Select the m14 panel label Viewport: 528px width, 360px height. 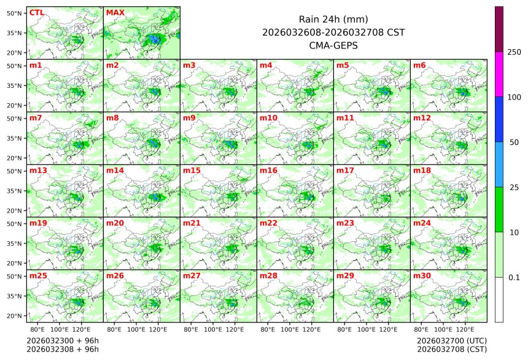click(x=115, y=170)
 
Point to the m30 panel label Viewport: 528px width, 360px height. click(x=422, y=276)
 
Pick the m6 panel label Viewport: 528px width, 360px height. click(x=419, y=65)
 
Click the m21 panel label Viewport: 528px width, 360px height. click(x=192, y=223)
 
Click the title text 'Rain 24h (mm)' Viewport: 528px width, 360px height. click(x=333, y=19)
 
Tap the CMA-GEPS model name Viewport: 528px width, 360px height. click(x=333, y=45)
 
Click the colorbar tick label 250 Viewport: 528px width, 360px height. click(x=514, y=52)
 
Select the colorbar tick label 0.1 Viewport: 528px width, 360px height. click(x=514, y=278)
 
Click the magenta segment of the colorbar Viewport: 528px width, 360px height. click(x=499, y=74)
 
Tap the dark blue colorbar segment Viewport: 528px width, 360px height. click(x=499, y=119)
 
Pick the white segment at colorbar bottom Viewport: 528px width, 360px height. click(x=499, y=300)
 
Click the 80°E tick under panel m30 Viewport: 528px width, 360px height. click(x=422, y=330)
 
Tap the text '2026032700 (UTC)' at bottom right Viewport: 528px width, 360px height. click(x=451, y=340)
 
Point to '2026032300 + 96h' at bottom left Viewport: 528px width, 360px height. click(x=63, y=340)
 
